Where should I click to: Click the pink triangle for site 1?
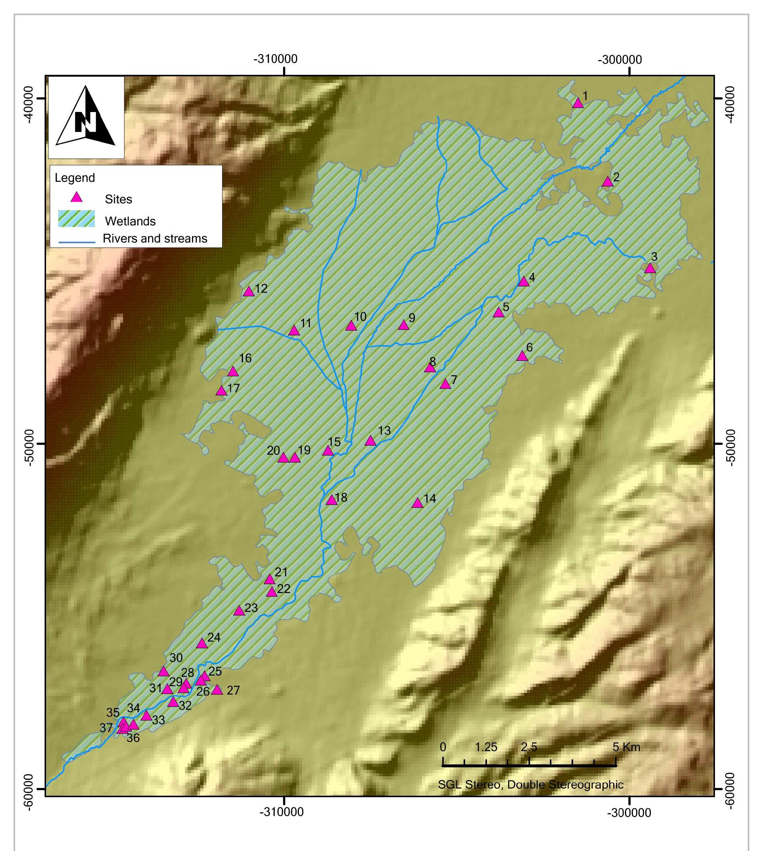coord(578,103)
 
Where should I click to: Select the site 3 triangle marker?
coord(650,269)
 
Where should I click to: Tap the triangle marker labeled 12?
coord(248,292)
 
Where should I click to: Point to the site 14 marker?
coord(417,503)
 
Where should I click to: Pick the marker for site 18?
coord(331,501)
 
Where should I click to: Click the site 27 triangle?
coord(217,690)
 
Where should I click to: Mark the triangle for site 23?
coord(238,611)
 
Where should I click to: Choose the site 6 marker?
coord(522,356)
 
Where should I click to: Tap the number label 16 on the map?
coord(245,358)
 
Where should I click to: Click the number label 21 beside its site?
coord(281,572)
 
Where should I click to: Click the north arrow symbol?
coord(86,117)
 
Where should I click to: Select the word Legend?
coord(75,178)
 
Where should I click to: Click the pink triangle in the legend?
coord(76,197)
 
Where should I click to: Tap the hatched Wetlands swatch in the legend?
coord(76,219)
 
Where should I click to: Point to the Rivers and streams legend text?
coord(155,238)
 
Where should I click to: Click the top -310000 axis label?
coord(276,59)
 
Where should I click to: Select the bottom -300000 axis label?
coord(629,813)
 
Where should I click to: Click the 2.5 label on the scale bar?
coord(529,747)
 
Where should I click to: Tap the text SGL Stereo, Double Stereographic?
coord(530,785)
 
